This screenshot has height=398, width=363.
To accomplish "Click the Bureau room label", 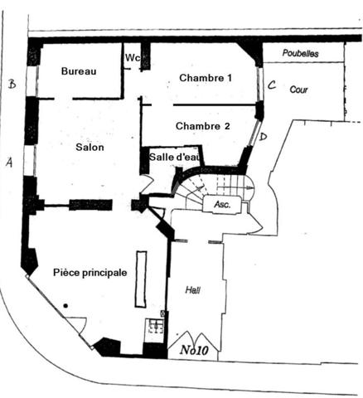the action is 79,71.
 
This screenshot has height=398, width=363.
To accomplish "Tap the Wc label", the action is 133,58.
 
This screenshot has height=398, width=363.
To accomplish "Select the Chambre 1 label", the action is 206,78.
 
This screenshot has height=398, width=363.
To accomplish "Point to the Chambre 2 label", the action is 203,126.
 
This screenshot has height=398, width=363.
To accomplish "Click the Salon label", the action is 90,147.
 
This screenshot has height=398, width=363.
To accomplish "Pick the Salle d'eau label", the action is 174,157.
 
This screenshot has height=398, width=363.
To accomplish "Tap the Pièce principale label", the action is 90,273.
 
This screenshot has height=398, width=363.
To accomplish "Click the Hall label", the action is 193,290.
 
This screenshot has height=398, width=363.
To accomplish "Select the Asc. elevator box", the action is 222,204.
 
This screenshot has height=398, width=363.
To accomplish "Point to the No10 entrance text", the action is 194,350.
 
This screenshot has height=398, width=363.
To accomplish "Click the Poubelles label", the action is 300,53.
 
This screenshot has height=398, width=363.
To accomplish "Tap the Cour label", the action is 298,90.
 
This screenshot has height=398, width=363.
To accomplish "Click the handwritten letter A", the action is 9,163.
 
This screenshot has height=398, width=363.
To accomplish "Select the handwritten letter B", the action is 12,84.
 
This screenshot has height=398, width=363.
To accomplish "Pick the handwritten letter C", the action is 272,85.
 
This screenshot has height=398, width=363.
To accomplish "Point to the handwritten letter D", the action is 264,137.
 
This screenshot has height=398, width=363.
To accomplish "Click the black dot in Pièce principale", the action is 65,306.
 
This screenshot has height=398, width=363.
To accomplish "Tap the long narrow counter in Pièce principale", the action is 141,279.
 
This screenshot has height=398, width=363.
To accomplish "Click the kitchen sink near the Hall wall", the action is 156,327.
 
